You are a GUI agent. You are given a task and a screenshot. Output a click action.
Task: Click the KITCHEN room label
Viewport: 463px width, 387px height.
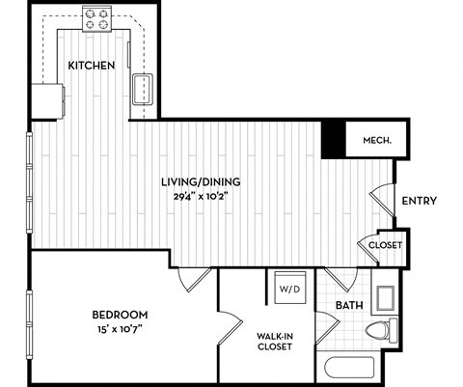92,65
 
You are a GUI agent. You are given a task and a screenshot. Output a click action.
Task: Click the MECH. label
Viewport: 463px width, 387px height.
376,141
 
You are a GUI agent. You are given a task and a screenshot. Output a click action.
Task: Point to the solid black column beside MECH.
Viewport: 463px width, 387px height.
333,140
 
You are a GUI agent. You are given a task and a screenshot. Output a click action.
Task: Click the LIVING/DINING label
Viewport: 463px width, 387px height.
201,181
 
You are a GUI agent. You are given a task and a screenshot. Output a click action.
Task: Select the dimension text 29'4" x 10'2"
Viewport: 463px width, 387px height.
201,196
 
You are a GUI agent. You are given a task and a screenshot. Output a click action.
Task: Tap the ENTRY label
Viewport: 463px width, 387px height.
419,201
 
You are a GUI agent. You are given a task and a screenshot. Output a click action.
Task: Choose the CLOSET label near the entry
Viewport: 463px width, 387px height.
385,245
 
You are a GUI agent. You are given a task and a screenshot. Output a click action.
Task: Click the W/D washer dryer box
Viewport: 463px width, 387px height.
287,288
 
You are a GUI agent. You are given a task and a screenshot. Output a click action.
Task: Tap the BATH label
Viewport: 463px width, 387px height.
348,306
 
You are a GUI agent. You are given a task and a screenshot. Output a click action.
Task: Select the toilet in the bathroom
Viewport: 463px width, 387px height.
380,331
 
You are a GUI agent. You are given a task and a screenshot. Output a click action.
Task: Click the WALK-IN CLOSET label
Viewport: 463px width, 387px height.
274,343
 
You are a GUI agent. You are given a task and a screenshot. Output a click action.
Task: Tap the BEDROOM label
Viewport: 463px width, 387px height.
120,315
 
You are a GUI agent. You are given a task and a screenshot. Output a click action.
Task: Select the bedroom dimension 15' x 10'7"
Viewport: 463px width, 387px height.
120,330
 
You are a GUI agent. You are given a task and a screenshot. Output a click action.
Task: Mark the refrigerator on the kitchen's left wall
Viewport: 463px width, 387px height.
46,97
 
